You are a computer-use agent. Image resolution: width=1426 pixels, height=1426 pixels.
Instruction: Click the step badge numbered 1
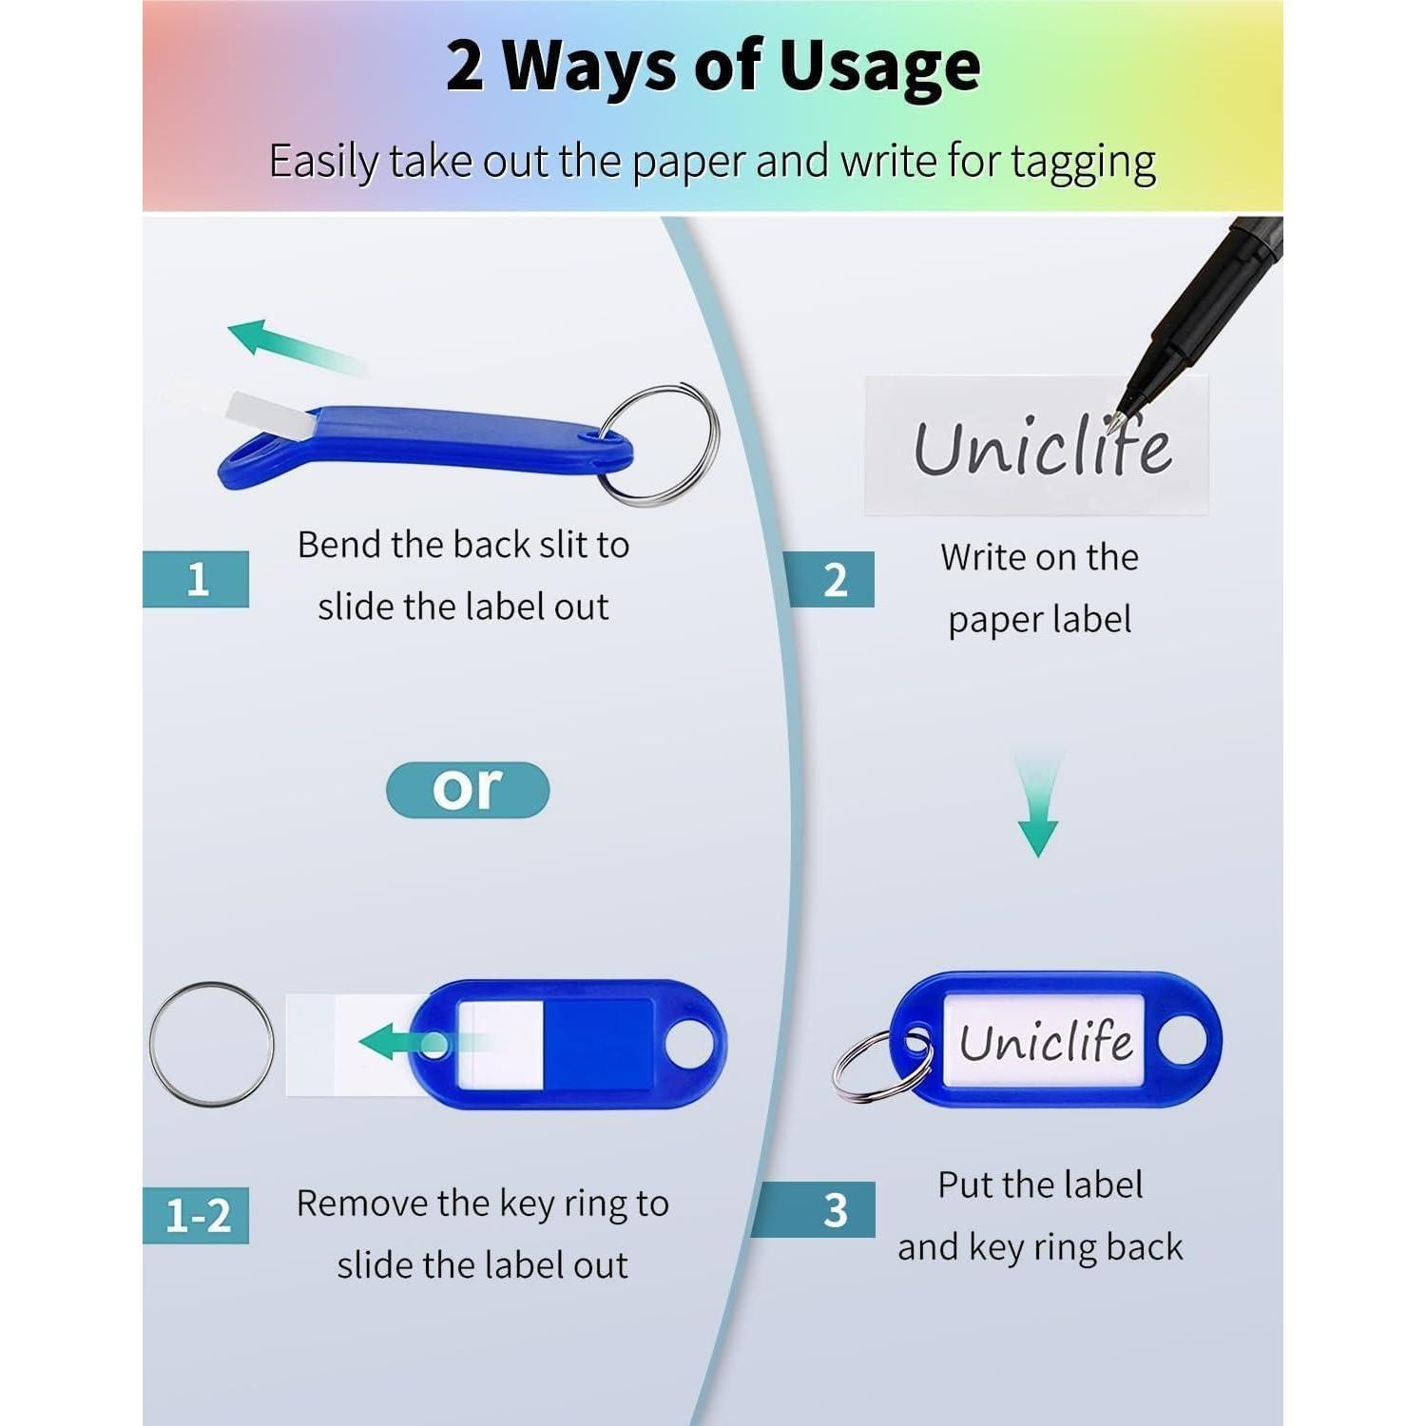pos(196,579)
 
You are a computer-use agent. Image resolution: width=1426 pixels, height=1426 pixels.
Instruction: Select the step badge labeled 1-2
pos(196,1215)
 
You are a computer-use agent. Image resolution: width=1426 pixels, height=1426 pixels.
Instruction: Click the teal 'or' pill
pos(468,789)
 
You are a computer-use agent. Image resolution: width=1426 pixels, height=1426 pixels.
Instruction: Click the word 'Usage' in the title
pos(880,67)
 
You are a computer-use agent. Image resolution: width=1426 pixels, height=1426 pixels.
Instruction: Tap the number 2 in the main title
pos(464,67)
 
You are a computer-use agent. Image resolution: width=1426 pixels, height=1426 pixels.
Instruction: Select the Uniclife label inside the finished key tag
pos(1045,1042)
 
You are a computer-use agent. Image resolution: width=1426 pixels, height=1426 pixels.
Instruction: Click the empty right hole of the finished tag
pos(1183,1039)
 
